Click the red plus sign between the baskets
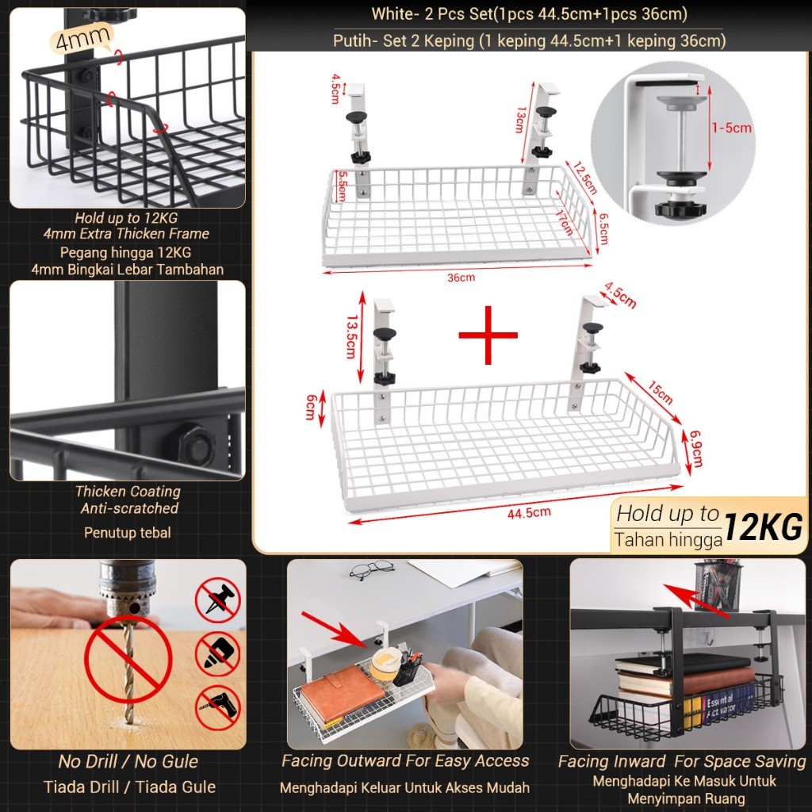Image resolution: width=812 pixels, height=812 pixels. pyautogui.click(x=488, y=335)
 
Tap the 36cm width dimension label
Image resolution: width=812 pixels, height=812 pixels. pyautogui.click(x=462, y=278)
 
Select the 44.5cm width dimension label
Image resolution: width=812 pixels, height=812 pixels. pyautogui.click(x=530, y=512)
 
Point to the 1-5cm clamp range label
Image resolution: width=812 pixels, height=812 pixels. pyautogui.click(x=731, y=127)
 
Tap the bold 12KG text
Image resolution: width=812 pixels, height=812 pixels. pyautogui.click(x=764, y=527)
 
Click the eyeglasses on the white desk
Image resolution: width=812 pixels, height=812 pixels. pyautogui.click(x=370, y=569)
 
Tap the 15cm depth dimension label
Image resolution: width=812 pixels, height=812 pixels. pyautogui.click(x=660, y=392)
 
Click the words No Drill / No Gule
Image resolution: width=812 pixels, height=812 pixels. pyautogui.click(x=128, y=762)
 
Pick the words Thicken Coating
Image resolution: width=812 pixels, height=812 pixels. pyautogui.click(x=128, y=492)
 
